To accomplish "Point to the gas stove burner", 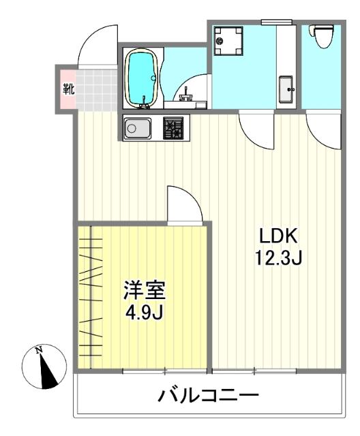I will coord(174,127).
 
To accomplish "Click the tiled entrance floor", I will coord(95,89).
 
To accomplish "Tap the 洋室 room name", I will coord(144,292).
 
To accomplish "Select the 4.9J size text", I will coord(144,314).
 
